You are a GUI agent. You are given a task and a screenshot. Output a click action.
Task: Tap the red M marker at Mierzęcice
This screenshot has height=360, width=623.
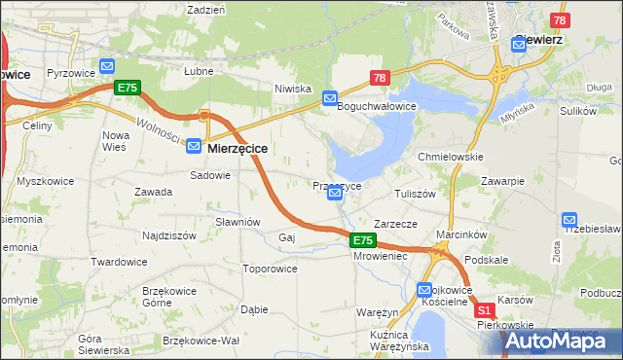coord(205,115)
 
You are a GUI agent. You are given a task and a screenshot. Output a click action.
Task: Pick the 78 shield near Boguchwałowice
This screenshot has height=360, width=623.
coord(380,78)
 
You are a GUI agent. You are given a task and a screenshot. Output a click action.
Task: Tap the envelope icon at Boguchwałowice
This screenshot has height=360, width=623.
coord(330,98)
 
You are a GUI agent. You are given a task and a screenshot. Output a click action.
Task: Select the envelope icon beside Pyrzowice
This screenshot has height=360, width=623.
coord(107,67)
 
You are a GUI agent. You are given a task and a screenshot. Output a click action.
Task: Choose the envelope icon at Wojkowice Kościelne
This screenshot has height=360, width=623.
coord(424,289)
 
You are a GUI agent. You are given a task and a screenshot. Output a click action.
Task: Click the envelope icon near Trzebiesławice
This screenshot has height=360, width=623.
coord(569,221)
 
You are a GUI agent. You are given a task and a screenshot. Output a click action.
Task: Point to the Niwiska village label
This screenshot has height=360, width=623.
coord(292,87)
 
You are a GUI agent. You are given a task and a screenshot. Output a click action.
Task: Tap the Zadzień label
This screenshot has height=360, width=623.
coord(205,9)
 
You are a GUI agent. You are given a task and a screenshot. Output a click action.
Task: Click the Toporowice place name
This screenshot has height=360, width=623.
coord(269,267)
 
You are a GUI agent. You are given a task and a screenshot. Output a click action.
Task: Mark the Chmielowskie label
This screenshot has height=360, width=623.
coord(451,156)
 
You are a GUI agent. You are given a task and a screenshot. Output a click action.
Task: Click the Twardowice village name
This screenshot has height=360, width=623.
coord(119,262)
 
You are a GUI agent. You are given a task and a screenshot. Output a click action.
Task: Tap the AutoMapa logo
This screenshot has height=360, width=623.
coord(566,341)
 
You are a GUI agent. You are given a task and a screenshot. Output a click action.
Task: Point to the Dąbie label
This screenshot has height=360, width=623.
coord(254,309)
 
